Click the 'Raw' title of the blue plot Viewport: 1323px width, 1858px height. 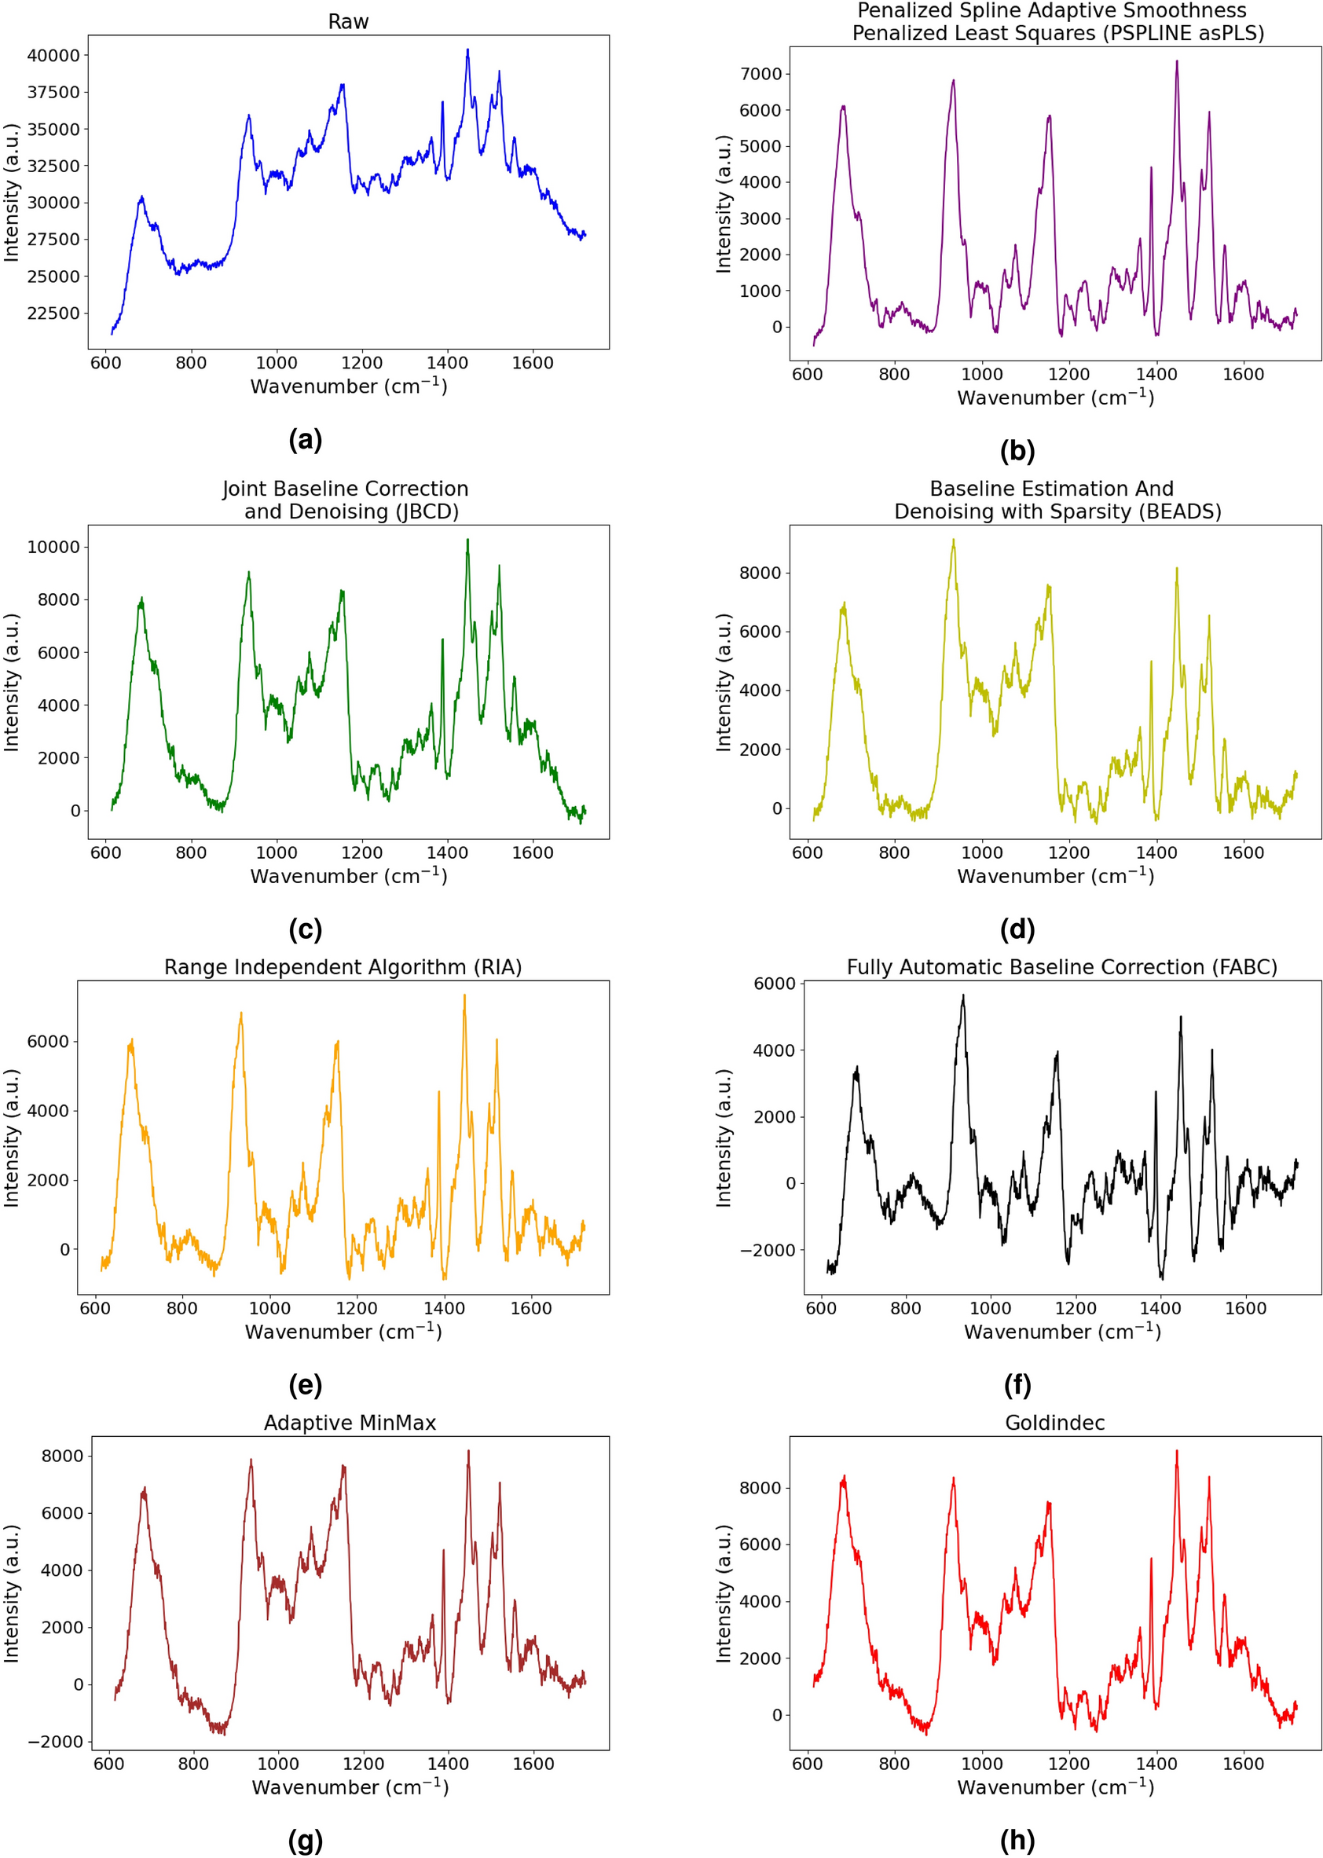click(x=348, y=22)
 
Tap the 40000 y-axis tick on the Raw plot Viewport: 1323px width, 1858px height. click(x=53, y=56)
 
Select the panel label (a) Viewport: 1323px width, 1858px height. click(x=306, y=440)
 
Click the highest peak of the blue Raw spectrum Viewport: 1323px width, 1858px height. click(x=467, y=50)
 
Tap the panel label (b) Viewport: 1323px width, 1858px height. click(x=1017, y=451)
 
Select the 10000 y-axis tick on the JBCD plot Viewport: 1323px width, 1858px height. click(x=53, y=547)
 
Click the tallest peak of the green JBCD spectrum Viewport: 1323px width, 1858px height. click(x=467, y=540)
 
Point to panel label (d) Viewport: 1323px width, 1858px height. click(x=1017, y=929)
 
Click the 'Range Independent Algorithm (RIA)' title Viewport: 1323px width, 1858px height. click(x=343, y=967)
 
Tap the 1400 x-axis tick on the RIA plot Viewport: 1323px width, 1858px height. click(x=444, y=1308)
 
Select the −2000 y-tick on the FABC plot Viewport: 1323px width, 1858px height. click(x=765, y=1251)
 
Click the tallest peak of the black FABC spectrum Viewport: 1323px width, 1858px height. click(x=963, y=995)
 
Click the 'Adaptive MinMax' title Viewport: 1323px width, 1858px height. click(x=350, y=1422)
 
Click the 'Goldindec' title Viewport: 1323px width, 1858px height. click(x=1054, y=1422)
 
